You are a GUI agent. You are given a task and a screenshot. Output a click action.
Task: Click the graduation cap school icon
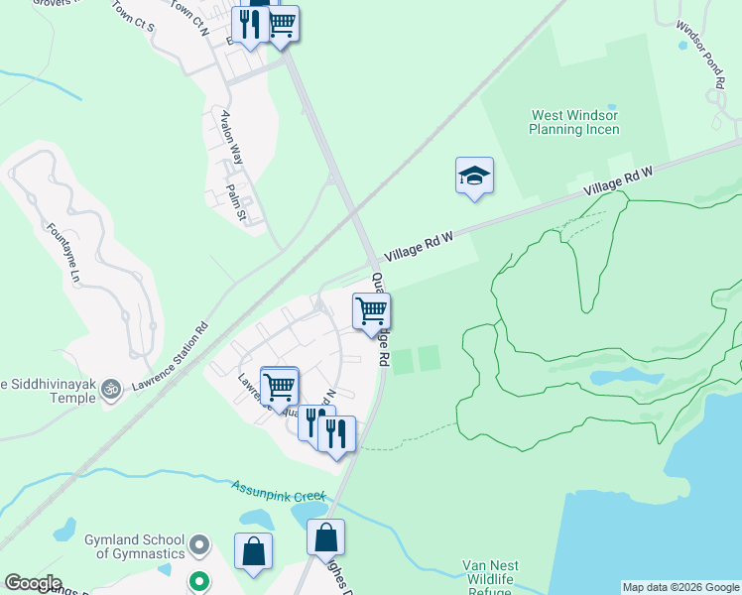[474, 176]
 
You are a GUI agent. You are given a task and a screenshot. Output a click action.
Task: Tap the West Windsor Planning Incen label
[574, 123]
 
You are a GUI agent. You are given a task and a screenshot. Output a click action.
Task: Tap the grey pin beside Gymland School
[199, 544]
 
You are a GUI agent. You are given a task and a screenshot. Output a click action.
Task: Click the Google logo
[32, 583]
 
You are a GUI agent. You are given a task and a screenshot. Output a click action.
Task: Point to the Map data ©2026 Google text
[680, 587]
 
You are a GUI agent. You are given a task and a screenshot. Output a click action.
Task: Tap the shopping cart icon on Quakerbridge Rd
[372, 311]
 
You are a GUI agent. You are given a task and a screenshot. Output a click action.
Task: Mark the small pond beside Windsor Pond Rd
[682, 45]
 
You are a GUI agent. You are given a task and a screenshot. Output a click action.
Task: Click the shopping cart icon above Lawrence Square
[280, 386]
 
